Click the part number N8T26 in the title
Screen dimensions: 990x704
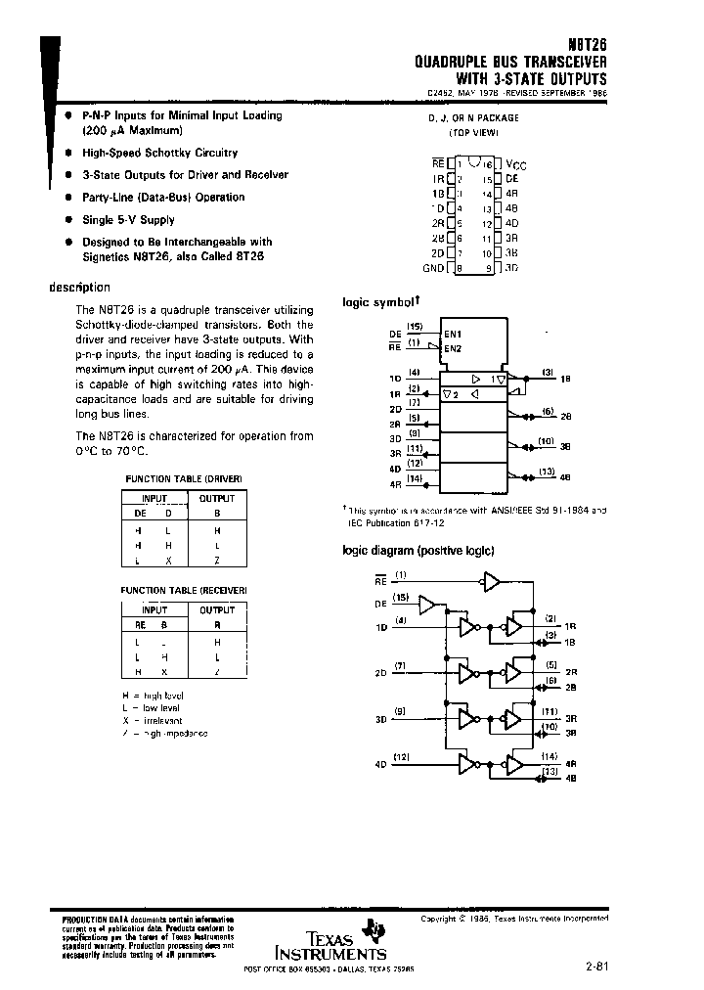coord(585,46)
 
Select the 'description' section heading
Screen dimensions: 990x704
coord(79,288)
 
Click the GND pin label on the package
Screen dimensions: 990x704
coord(432,268)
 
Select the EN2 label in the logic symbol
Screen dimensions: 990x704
coord(454,348)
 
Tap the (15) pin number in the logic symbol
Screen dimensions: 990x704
coord(415,326)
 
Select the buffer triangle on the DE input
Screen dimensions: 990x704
coord(426,606)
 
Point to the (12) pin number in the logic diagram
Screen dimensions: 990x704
coord(401,756)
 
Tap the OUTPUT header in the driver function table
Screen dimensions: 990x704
coord(217,498)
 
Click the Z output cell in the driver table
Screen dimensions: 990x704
coord(217,559)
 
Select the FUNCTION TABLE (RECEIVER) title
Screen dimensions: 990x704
coord(184,592)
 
